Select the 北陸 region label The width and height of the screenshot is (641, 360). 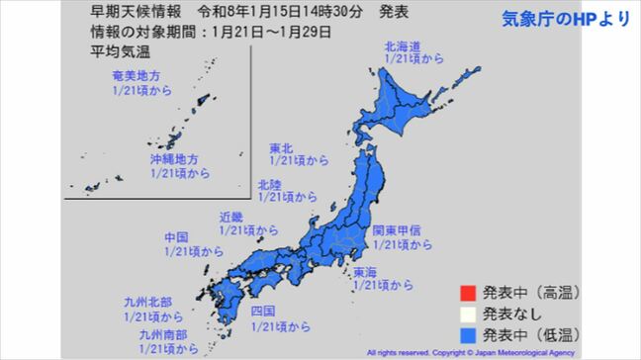pyautogui.click(x=268, y=184)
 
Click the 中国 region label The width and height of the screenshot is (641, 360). pyautogui.click(x=178, y=238)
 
